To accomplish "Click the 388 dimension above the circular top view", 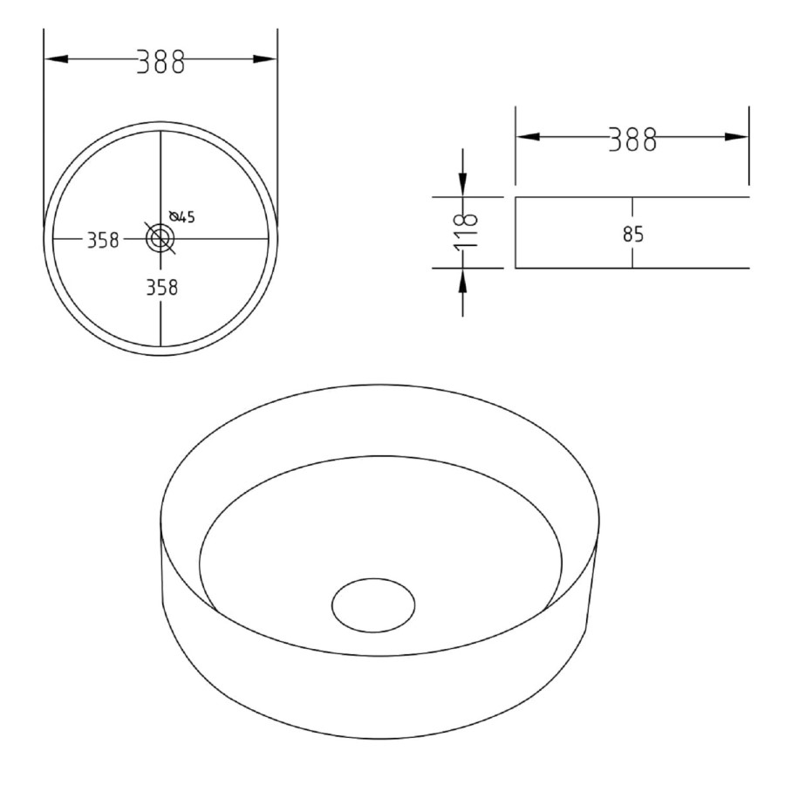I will click(x=160, y=62).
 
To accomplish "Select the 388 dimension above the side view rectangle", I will click(x=631, y=139).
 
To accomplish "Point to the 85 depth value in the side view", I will click(x=646, y=235).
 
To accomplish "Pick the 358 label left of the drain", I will click(x=102, y=242).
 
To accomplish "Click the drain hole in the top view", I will click(x=160, y=237).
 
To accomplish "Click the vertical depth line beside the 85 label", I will click(x=632, y=253).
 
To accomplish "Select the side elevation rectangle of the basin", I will click(x=576, y=233).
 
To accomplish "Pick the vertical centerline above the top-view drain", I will click(x=160, y=174).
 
